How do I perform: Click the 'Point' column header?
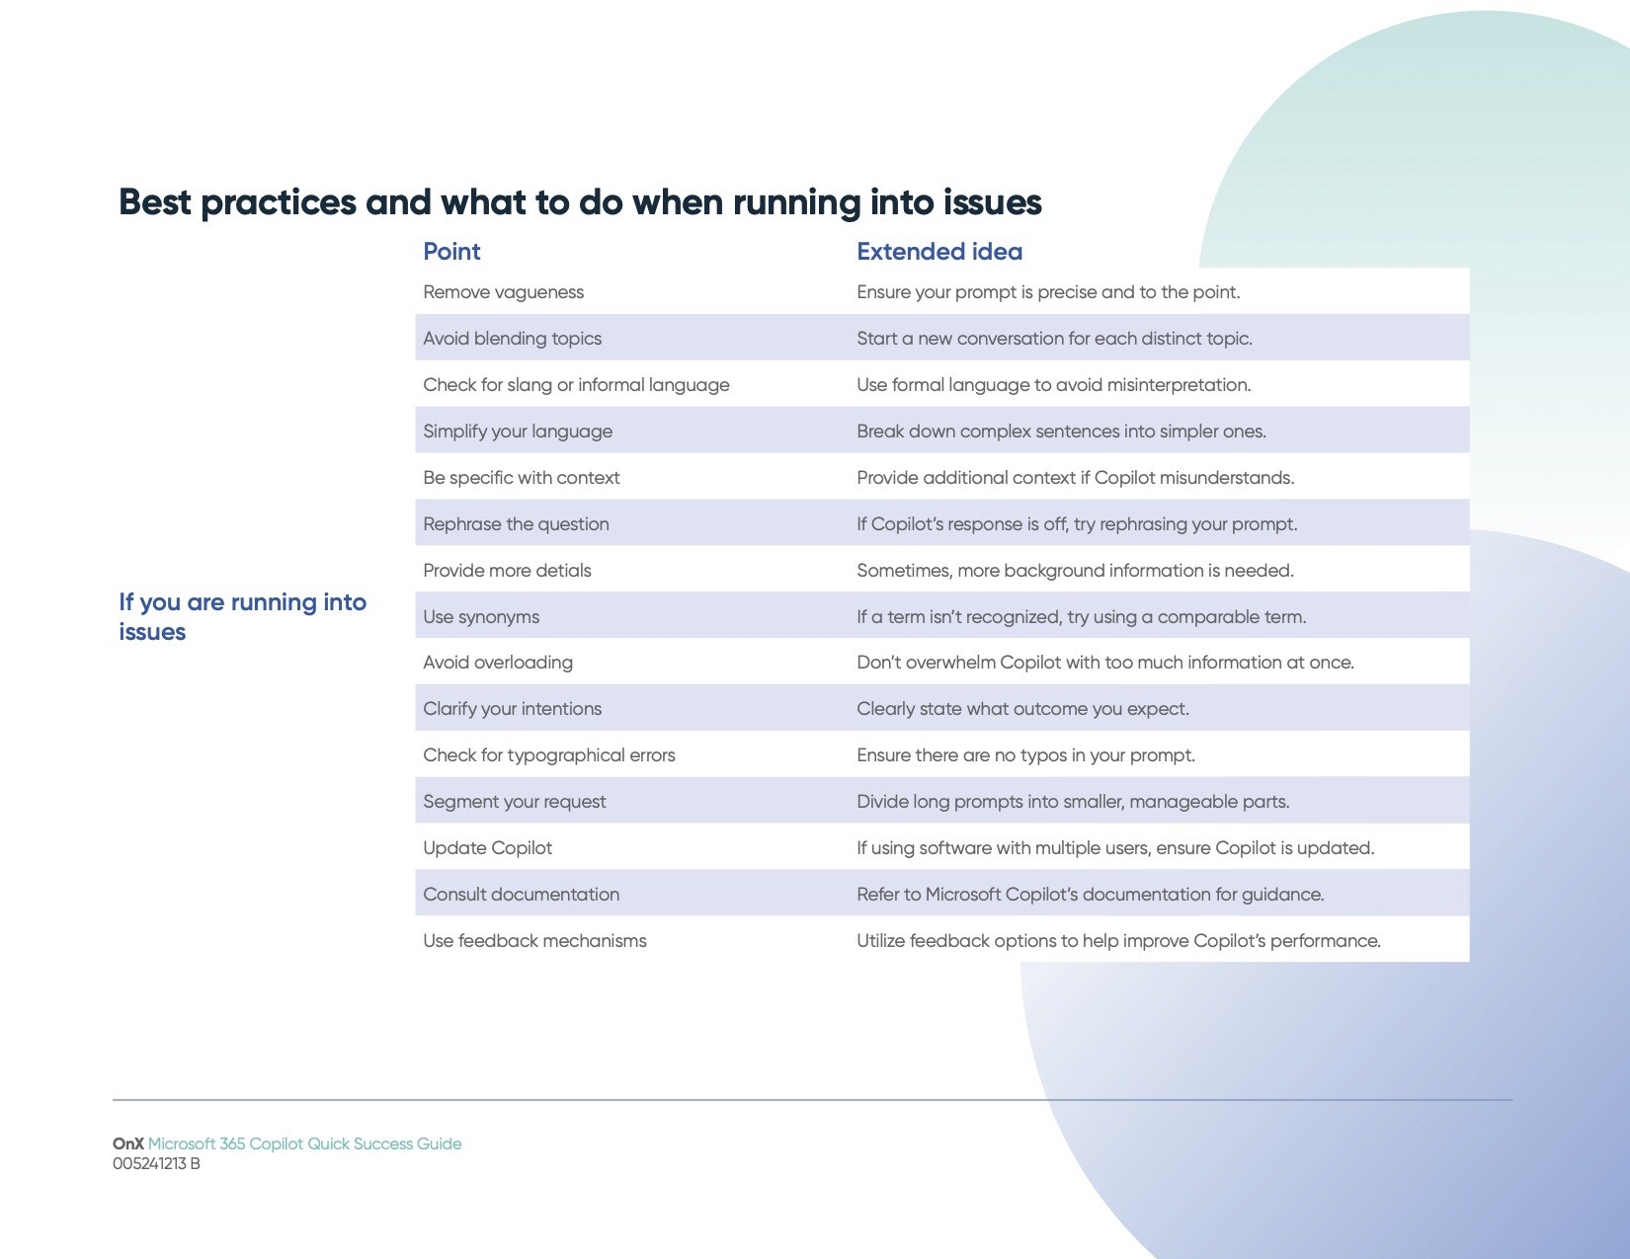point(450,251)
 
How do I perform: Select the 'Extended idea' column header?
point(939,251)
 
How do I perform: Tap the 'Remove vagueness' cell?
point(503,292)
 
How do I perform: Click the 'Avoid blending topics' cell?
point(512,338)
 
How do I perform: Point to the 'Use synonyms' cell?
point(481,617)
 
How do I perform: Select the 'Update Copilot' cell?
point(487,848)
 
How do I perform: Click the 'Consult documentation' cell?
point(521,894)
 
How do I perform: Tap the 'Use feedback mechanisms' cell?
point(534,940)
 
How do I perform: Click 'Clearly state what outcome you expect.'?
point(1022,709)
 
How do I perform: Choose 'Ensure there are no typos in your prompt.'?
point(1025,755)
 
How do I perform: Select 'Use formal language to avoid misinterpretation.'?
point(1053,385)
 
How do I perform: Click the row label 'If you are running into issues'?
point(242,616)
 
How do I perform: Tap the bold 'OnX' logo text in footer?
point(127,1143)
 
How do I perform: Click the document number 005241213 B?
point(156,1164)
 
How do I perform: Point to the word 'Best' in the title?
point(154,201)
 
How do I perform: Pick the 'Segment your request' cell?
point(514,802)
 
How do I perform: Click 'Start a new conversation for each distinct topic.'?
point(1054,338)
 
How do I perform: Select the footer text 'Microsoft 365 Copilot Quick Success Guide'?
point(304,1143)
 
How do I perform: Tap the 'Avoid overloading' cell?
point(497,663)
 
